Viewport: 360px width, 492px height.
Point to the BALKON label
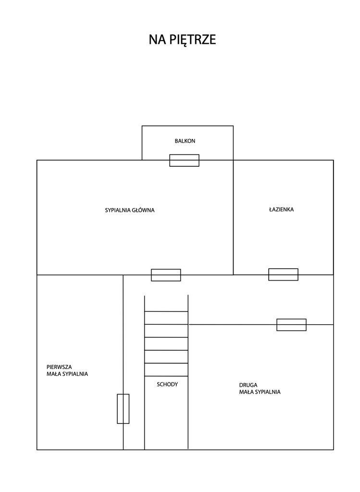coord(185,141)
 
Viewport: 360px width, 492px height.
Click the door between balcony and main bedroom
coord(184,160)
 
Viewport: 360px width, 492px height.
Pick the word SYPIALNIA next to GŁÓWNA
coord(118,210)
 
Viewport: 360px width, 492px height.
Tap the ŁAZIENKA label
coord(281,209)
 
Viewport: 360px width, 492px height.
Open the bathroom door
coord(283,274)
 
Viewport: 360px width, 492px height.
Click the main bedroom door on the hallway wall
coord(166,275)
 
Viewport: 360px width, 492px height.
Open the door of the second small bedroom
coord(291,325)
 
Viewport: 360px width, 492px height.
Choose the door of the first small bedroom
coord(123,408)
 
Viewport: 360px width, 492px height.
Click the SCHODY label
coord(167,384)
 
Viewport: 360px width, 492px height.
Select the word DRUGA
coord(248,385)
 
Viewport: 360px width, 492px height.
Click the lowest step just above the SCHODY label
coord(166,369)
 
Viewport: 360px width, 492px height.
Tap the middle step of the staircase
coord(166,344)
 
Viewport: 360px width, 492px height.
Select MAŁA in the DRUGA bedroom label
coord(247,392)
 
